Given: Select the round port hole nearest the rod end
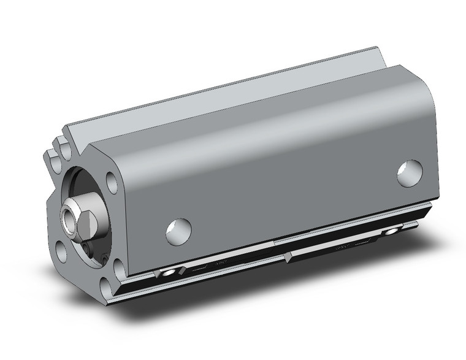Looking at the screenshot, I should tap(178, 231).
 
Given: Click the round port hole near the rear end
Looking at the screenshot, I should tap(410, 173).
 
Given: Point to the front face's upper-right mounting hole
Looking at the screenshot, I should tap(112, 182).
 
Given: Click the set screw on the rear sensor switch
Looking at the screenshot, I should tap(390, 232).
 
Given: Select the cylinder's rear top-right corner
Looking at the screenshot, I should tap(423, 80).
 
